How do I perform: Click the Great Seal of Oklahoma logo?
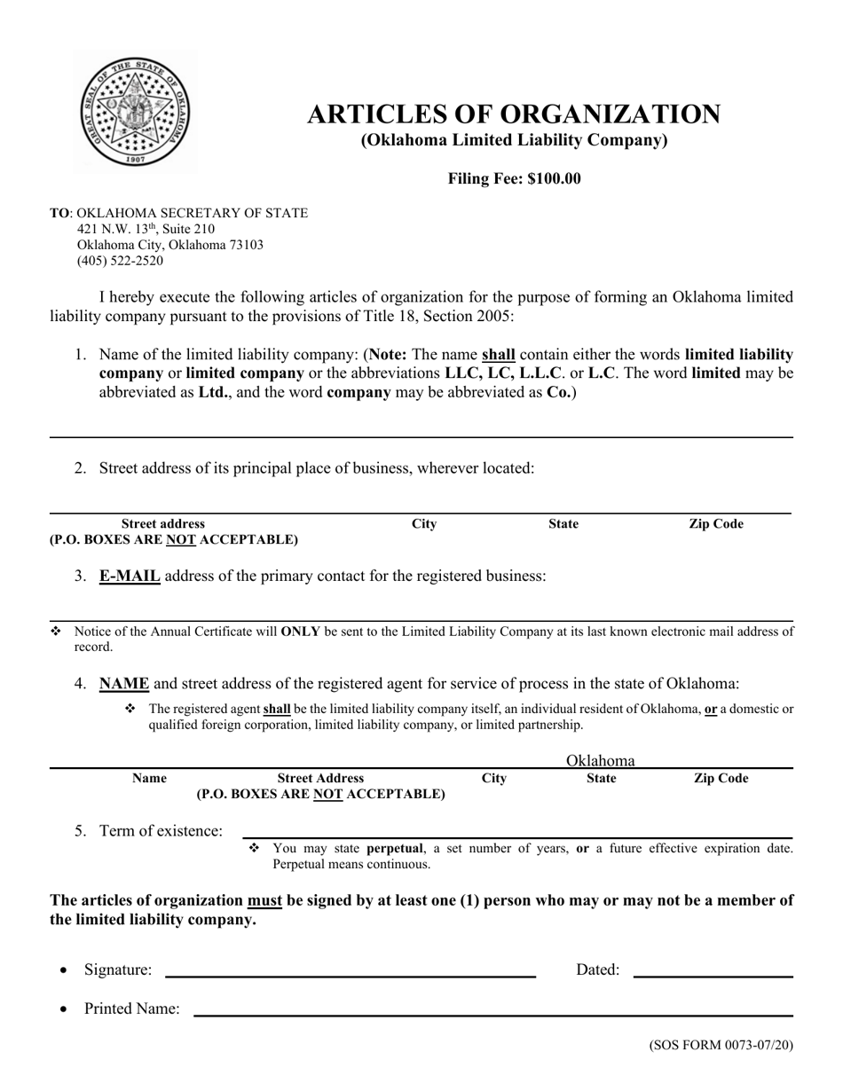tap(135, 110)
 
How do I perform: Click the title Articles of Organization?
tap(514, 114)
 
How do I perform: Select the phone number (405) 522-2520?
tap(120, 261)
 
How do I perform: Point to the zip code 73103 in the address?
tap(245, 245)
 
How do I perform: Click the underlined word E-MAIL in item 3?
tap(130, 576)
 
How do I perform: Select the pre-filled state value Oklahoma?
tap(601, 760)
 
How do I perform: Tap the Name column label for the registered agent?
tap(149, 778)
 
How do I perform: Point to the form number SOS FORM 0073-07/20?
tap(721, 1045)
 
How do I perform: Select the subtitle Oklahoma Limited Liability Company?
tap(514, 140)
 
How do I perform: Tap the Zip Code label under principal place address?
tap(716, 524)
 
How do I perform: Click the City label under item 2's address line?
tap(425, 524)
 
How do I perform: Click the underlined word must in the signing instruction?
tap(264, 900)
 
